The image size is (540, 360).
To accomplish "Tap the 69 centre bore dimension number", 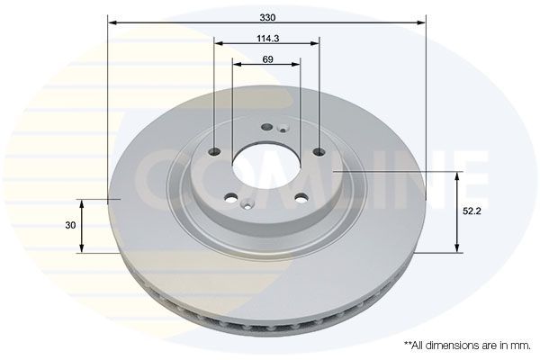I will coord(267,59).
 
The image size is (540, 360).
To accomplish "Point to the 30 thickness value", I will coord(69,225).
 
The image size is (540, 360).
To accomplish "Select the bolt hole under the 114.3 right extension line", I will coord(319,151).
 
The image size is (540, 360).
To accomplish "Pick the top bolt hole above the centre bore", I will coord(266,126).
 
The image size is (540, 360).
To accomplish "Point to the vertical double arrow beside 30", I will coord(83,225).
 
